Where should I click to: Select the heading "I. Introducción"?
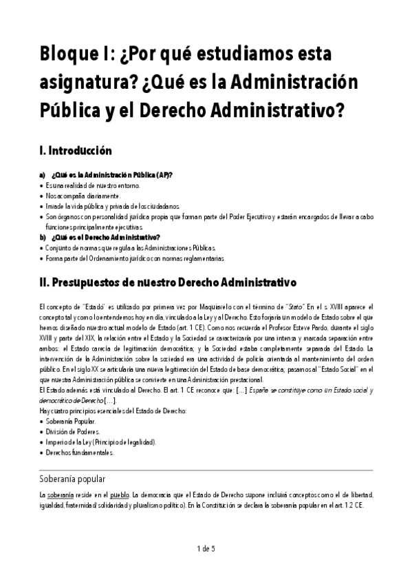(76, 150)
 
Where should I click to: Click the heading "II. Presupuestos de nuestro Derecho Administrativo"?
(169, 282)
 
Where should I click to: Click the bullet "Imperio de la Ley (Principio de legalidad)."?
(103, 442)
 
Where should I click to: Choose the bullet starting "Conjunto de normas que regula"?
(131, 247)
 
